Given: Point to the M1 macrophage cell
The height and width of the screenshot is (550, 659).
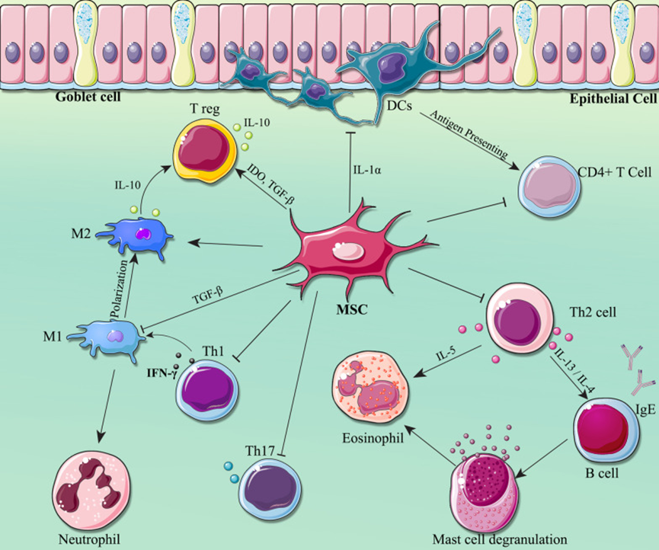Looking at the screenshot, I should [115, 336].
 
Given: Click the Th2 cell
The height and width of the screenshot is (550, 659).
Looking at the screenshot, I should [519, 318].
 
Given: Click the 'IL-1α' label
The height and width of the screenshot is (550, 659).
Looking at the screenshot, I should [368, 169].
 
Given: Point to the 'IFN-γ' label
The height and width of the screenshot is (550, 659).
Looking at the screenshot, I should [162, 373].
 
